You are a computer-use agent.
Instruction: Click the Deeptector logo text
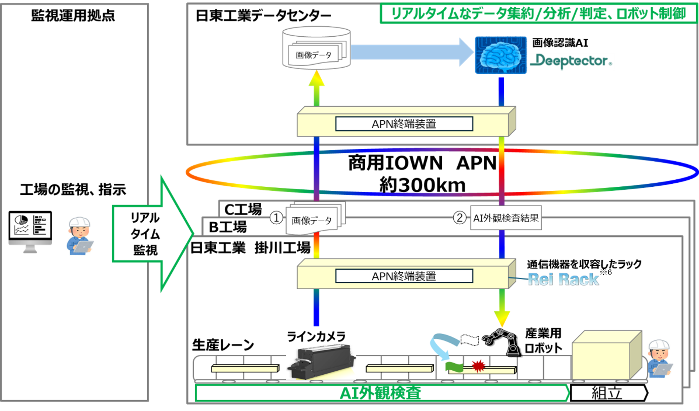point(571,62)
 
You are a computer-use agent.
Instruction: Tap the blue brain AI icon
point(501,55)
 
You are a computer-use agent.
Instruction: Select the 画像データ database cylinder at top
point(316,48)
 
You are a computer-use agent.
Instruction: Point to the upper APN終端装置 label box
point(404,124)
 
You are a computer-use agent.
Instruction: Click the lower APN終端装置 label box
point(404,276)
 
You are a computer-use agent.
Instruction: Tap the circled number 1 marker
point(276,218)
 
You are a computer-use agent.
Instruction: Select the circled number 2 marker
point(459,218)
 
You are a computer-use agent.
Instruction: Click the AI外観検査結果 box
point(506,218)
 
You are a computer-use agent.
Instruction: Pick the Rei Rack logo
point(563,279)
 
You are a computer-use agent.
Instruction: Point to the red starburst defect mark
point(478,366)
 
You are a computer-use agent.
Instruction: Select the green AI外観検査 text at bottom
point(380,393)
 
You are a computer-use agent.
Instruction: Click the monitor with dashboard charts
point(30,230)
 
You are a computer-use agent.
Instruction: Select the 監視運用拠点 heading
point(73,15)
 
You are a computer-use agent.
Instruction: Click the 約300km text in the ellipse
point(422,185)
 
